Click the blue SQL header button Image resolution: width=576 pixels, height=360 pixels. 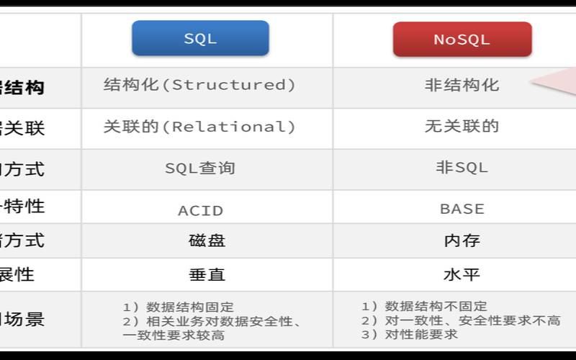(200, 39)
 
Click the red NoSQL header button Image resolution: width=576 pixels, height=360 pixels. (462, 40)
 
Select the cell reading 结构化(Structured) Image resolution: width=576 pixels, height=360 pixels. (199, 85)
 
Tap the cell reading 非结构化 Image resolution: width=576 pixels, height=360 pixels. (462, 85)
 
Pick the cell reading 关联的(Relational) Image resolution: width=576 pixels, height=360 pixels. (199, 127)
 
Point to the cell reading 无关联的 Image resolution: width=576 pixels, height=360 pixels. (462, 127)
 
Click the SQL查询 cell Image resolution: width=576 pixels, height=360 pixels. (199, 168)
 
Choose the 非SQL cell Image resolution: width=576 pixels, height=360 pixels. (462, 168)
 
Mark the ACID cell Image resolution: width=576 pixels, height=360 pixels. (200, 210)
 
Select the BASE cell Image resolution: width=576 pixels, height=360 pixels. (462, 209)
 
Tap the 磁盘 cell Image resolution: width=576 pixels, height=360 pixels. (207, 240)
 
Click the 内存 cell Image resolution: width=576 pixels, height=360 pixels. (462, 240)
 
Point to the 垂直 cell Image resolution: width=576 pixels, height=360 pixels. (207, 274)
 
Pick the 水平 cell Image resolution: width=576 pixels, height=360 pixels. (462, 274)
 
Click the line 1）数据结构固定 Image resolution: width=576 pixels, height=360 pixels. (178, 307)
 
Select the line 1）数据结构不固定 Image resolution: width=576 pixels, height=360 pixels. (424, 307)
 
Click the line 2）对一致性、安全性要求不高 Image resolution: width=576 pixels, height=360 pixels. (460, 320)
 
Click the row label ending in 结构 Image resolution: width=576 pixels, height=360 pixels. (22, 88)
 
